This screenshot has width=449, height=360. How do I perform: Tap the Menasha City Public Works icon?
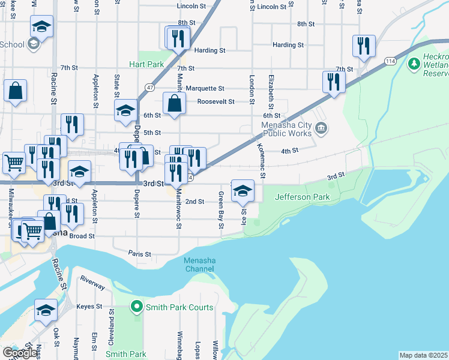point(321,127)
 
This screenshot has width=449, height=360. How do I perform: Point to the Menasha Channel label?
point(199,265)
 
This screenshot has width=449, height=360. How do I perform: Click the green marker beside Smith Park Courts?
point(137,307)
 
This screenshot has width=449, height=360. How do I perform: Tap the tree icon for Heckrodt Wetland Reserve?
point(414,63)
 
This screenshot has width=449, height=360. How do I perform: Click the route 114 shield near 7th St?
point(390,61)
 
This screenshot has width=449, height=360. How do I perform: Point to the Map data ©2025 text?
point(423,355)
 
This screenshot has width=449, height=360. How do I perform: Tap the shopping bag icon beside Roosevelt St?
point(174,103)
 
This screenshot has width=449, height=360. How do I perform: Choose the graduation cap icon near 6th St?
point(126,110)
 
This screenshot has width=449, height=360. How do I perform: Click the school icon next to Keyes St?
point(45,310)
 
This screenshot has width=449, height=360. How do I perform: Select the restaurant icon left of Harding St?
point(178,38)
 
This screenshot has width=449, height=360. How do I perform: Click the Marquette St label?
point(204,88)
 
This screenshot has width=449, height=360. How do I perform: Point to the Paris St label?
point(140,254)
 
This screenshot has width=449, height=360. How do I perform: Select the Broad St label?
point(82,236)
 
